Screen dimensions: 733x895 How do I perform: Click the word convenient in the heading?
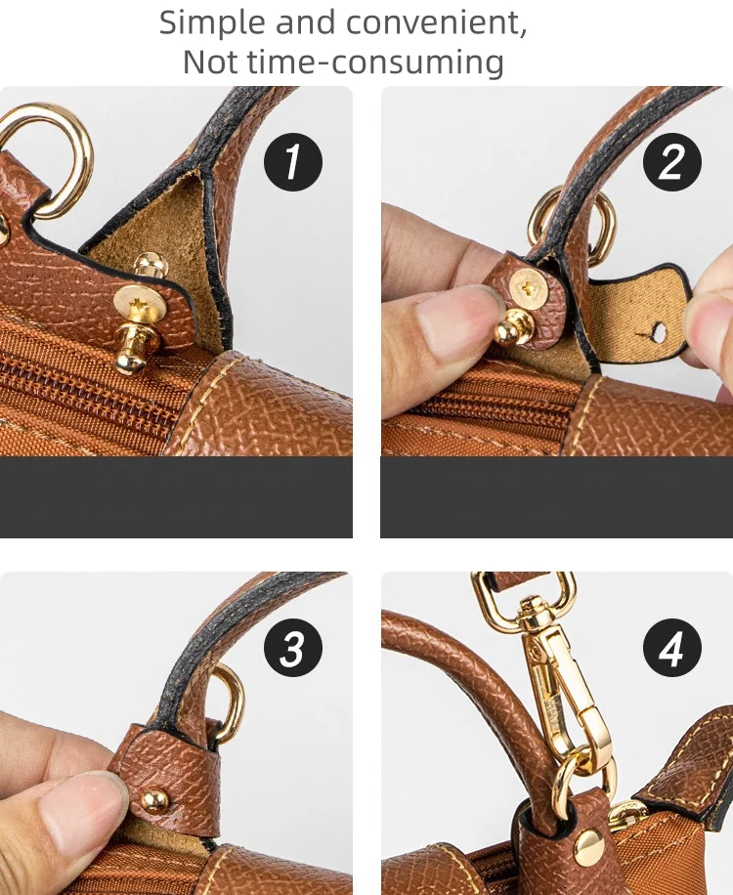point(436,23)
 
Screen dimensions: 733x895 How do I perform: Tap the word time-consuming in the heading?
point(376,63)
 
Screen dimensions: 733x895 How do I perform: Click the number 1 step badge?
point(293,162)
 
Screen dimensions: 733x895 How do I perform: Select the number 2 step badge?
point(672,162)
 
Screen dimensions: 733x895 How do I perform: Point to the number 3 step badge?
point(293,647)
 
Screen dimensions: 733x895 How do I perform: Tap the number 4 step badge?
point(672,647)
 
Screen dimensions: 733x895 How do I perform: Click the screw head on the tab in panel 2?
point(528,287)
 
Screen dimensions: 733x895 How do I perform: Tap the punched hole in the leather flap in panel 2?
point(658,333)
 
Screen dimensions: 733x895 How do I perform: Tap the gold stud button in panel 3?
point(154,799)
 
